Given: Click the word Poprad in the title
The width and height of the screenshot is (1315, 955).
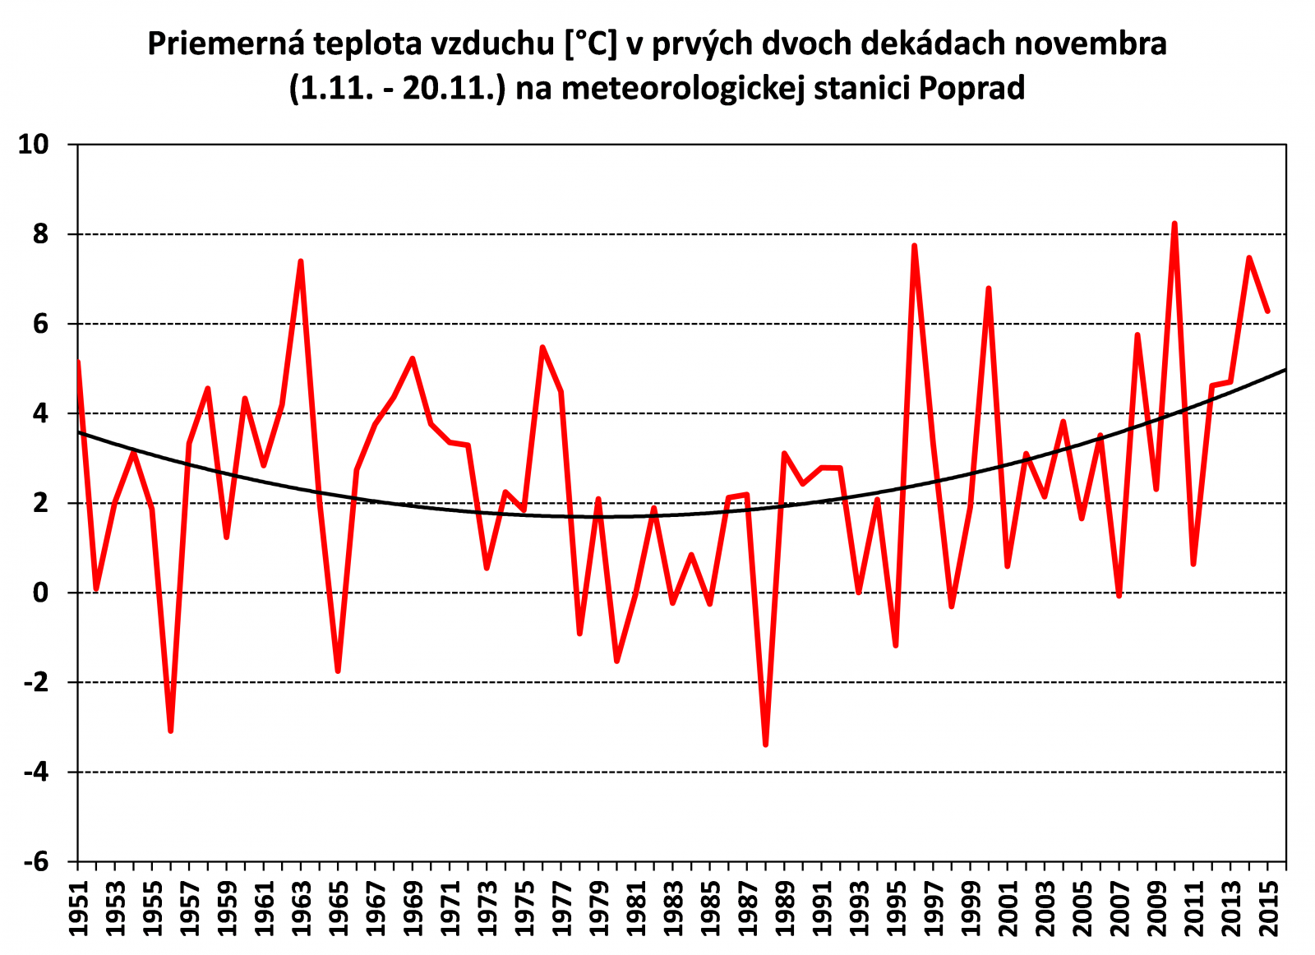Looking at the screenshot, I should tap(971, 87).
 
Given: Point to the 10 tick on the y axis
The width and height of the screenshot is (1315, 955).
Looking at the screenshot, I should tap(35, 145).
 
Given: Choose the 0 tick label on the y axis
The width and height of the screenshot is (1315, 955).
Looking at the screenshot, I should tap(42, 593).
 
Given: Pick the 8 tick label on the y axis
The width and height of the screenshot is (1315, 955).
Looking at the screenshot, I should tap(42, 234).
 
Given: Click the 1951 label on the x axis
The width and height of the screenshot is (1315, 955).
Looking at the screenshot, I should tap(78, 908).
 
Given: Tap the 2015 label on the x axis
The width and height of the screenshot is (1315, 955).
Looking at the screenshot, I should tap(1268, 908).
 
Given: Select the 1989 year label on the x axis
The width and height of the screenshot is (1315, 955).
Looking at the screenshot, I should tap(784, 908).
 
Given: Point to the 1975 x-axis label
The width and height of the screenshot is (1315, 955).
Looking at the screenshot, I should tap(524, 908).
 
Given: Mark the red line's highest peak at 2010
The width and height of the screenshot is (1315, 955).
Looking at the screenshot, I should tap(1174, 224).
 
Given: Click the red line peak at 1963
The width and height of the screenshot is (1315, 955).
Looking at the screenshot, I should tap(301, 261).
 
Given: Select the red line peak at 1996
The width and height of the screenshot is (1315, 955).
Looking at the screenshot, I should tap(914, 246).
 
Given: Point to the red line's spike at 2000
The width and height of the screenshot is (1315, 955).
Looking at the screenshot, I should tap(989, 288).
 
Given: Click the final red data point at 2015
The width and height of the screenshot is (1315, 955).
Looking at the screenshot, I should tap(1267, 311).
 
